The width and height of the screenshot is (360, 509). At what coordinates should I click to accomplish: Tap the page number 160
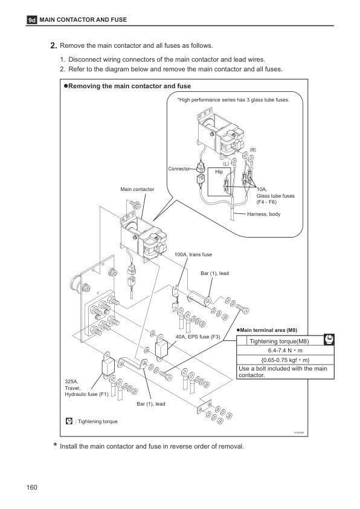pos(33,488)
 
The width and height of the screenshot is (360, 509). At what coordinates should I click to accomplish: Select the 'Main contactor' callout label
pos(138,190)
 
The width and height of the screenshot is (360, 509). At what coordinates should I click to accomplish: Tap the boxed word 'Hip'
pos(219,172)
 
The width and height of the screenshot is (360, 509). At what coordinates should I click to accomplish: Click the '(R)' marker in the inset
pos(253,149)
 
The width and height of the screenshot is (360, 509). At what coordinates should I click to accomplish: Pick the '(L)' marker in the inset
pos(225,163)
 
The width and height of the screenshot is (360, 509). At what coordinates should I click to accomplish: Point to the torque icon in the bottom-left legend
pos(69,421)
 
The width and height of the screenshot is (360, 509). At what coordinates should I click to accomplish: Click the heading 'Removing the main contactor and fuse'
pos(130,86)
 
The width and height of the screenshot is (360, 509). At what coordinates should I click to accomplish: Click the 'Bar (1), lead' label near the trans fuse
pos(214,274)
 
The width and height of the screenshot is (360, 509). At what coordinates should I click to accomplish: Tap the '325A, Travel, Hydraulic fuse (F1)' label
pos(84,388)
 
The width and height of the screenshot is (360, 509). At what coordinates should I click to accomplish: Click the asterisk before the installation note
pos(55,446)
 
